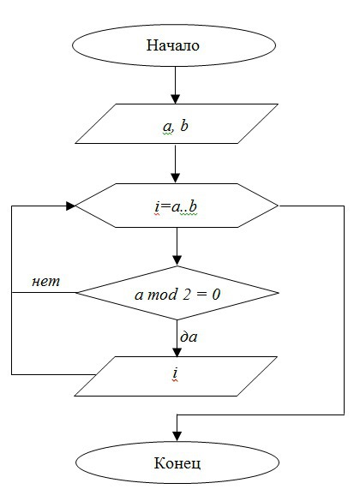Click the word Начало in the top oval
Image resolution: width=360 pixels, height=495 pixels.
pyautogui.click(x=172, y=45)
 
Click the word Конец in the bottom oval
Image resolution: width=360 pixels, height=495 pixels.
pyautogui.click(x=177, y=463)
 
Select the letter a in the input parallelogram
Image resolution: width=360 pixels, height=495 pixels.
pyautogui.click(x=167, y=127)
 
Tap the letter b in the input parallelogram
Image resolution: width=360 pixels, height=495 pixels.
pyautogui.click(x=184, y=125)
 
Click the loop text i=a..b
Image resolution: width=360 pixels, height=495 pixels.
pyautogui.click(x=176, y=206)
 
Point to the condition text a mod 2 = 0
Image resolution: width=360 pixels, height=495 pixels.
pyautogui.click(x=177, y=295)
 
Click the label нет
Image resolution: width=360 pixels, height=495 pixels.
pyautogui.click(x=45, y=282)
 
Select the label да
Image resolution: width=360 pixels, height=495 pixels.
pyautogui.click(x=189, y=337)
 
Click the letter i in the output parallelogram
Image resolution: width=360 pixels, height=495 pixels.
pyautogui.click(x=175, y=373)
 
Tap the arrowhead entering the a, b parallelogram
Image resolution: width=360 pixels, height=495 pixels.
pyautogui.click(x=175, y=98)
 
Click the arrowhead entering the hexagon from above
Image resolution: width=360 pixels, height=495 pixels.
pyautogui.click(x=175, y=178)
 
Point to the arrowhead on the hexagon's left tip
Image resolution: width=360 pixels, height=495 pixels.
pyautogui.click(x=71, y=206)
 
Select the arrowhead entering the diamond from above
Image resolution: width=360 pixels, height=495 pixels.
pyautogui.click(x=177, y=260)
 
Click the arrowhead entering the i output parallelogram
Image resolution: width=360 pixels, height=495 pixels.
pyautogui.click(x=177, y=352)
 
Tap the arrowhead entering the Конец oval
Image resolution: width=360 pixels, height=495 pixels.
pyautogui.click(x=177, y=436)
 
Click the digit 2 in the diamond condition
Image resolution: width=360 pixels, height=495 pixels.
pyautogui.click(x=187, y=295)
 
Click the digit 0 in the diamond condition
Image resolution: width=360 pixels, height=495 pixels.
pyautogui.click(x=216, y=295)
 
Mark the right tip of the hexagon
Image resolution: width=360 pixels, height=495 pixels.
pyautogui.click(x=278, y=206)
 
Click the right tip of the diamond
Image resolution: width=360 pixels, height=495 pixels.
pyautogui.click(x=279, y=293)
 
